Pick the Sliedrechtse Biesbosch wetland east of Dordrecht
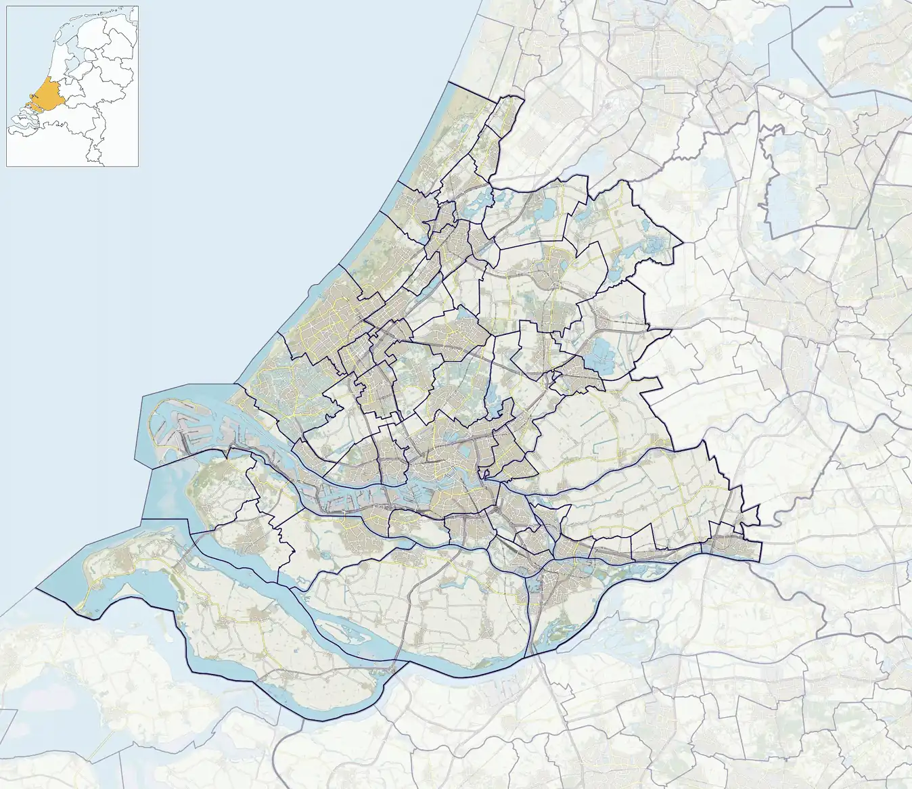pos(609,568)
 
